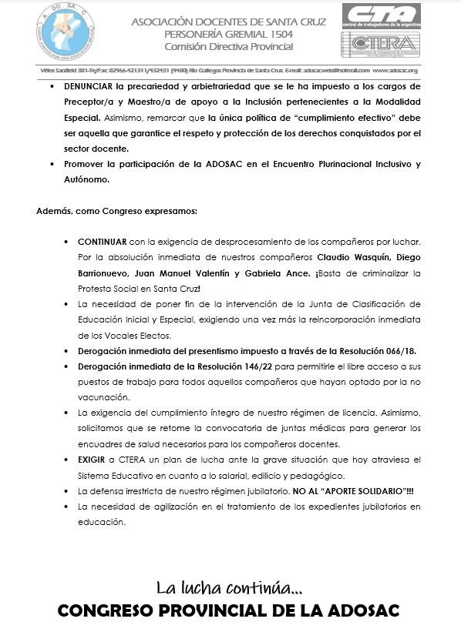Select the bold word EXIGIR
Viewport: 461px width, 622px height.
[93, 460]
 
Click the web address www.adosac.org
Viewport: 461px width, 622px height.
[395, 69]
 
